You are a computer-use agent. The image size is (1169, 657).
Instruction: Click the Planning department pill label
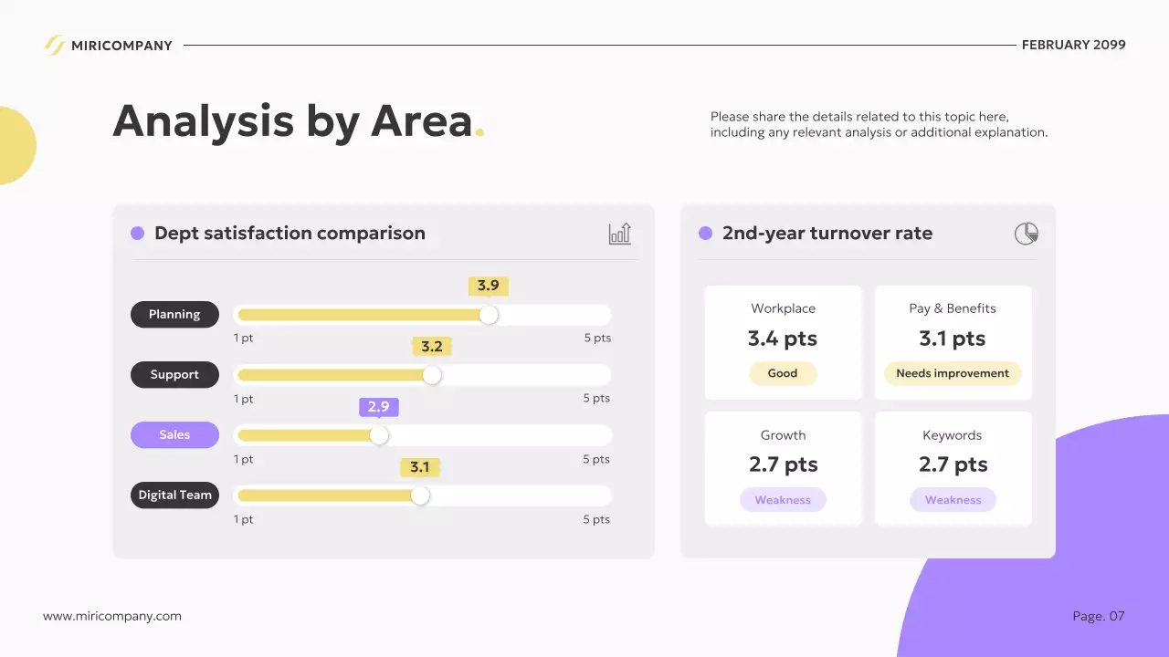click(174, 314)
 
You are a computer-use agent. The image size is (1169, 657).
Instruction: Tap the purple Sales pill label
click(174, 434)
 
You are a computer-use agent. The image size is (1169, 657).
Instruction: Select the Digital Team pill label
click(174, 495)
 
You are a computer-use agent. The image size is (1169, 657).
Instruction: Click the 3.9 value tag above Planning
click(489, 286)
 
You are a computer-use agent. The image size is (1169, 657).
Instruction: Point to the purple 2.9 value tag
click(378, 407)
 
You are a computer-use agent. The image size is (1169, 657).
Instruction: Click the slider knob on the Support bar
click(432, 375)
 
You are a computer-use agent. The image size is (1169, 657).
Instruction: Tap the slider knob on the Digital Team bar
click(420, 495)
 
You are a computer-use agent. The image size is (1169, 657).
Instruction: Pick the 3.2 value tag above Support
click(432, 347)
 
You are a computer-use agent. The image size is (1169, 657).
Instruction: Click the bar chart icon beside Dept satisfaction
click(620, 234)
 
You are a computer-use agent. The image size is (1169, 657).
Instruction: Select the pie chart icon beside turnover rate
click(1027, 234)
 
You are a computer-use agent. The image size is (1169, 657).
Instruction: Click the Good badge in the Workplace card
click(783, 373)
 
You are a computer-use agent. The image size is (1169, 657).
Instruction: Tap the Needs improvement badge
click(953, 373)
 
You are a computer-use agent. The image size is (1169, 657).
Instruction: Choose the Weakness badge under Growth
click(783, 500)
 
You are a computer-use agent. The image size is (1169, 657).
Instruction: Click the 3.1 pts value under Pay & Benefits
click(953, 339)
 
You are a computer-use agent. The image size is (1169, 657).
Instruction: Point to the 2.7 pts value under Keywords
click(953, 464)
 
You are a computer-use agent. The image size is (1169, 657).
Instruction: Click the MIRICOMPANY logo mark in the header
click(55, 45)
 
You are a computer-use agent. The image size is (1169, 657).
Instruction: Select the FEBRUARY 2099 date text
click(1073, 45)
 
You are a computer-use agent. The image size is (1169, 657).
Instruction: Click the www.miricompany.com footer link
click(112, 616)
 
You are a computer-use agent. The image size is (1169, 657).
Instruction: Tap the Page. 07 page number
click(1099, 616)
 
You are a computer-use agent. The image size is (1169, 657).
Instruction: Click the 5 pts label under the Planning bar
click(597, 338)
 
